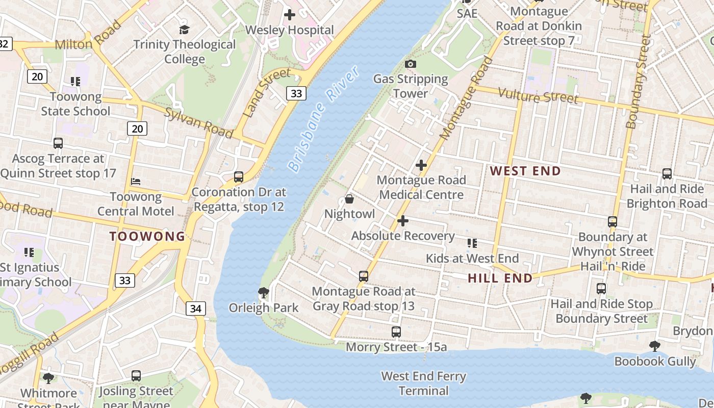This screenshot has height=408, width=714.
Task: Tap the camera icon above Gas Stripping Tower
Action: (x=410, y=64)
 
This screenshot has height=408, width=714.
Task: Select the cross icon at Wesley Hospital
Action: (x=290, y=14)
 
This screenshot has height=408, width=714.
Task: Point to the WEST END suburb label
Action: (x=525, y=171)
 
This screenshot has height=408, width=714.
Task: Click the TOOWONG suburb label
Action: (x=147, y=236)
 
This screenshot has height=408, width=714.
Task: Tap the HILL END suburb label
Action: (x=500, y=278)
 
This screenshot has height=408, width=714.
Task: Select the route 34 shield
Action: (x=195, y=308)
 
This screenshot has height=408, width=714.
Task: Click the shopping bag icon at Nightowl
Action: (x=349, y=199)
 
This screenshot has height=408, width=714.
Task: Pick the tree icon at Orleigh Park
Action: (x=263, y=292)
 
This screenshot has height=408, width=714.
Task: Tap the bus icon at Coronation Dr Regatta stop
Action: (x=238, y=177)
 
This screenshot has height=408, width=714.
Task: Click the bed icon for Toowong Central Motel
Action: (x=136, y=181)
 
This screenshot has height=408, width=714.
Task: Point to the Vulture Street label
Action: (x=538, y=95)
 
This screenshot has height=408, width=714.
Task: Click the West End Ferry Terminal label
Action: (x=423, y=384)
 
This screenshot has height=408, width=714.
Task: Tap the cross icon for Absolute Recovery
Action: (x=402, y=221)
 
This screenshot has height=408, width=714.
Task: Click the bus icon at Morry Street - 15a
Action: (x=396, y=332)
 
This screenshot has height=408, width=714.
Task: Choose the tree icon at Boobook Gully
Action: (x=654, y=346)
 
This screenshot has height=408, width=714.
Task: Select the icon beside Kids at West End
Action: (x=472, y=243)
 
